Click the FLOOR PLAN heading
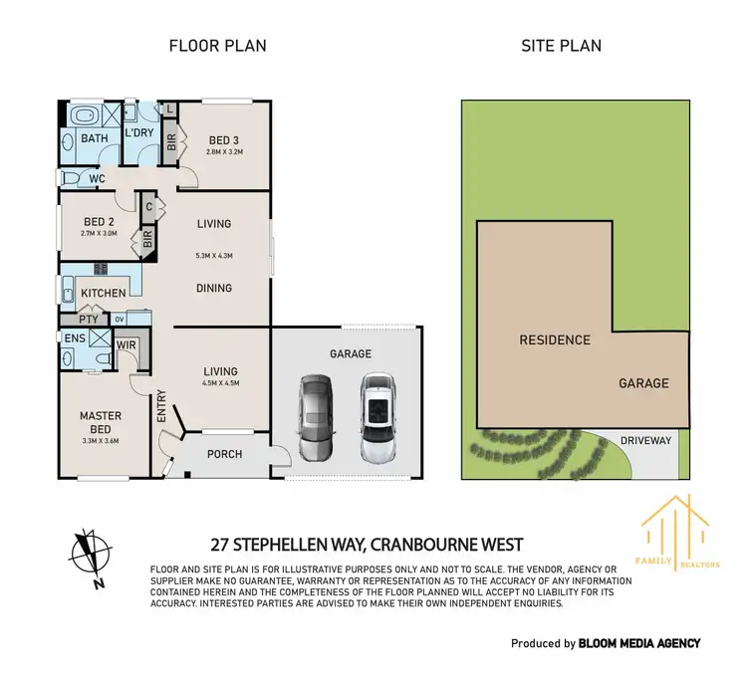(x=217, y=46)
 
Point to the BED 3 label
(x=224, y=139)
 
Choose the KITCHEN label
(x=104, y=293)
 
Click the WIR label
(x=126, y=345)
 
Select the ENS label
(x=75, y=339)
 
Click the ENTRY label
(x=161, y=406)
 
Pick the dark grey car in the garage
(x=315, y=413)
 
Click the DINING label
(x=214, y=287)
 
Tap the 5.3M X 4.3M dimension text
(x=214, y=256)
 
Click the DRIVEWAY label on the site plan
(x=646, y=440)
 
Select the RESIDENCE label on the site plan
(x=555, y=339)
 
